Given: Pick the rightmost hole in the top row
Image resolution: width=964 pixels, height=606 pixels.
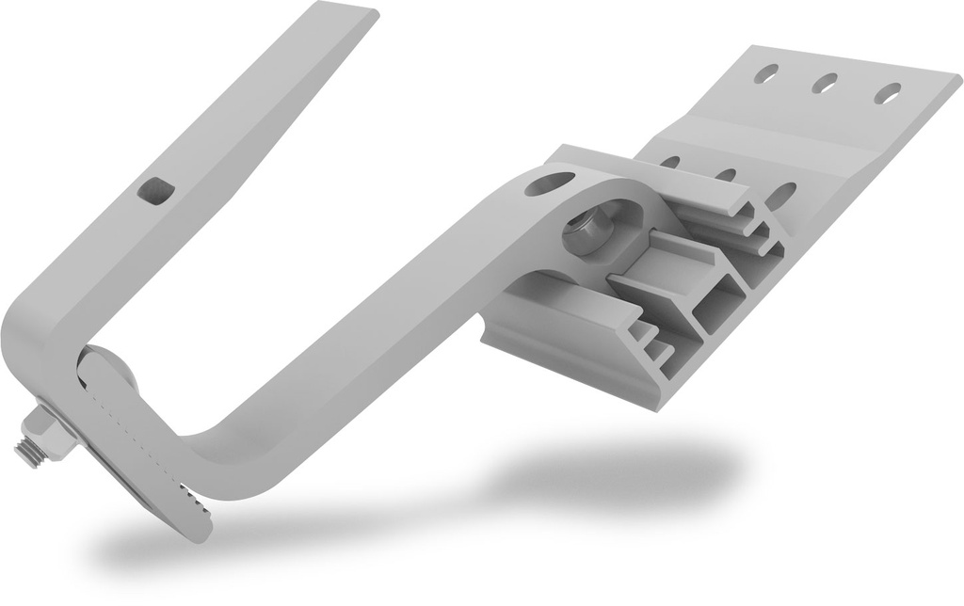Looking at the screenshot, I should tap(887, 93).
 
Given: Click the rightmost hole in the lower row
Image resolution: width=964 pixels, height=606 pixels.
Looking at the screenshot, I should tap(781, 197).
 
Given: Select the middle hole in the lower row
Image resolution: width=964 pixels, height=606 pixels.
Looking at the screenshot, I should tap(725, 174).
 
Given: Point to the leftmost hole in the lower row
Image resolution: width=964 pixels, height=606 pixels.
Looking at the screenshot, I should tap(670, 161).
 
